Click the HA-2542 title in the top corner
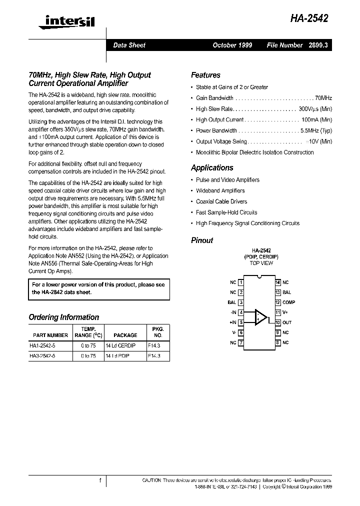tap(309, 19)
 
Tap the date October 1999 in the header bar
tap(232, 45)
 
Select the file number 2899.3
tap(318, 45)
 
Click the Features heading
tap(205, 75)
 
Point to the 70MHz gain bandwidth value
tap(323, 98)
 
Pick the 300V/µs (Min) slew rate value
tap(315, 109)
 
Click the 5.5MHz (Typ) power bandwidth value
tap(316, 130)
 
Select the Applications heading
tap(212, 168)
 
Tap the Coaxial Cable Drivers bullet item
tap(221, 201)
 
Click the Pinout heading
tap(202, 240)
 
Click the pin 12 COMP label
tap(288, 302)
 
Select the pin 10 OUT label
tap(286, 322)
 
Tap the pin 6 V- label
tap(233, 332)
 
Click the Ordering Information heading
tap(64, 317)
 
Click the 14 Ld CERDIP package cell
tap(121, 345)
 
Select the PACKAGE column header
tap(125, 335)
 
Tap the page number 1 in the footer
tap(100, 480)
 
